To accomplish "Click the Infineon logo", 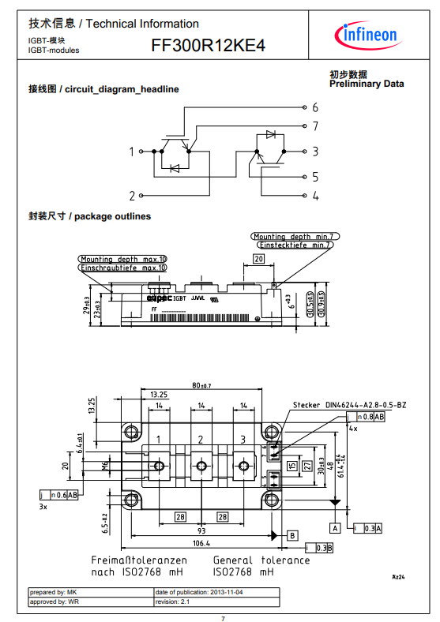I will [370, 35].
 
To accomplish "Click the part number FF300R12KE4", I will [208, 47].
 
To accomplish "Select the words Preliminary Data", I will [366, 84].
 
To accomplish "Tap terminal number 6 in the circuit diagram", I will [315, 107].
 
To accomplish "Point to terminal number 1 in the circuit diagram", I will [132, 151].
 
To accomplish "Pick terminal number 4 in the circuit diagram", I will [315, 196].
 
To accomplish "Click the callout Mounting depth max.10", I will [123, 259].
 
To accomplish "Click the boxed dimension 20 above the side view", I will [258, 258].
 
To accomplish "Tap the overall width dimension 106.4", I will [201, 543].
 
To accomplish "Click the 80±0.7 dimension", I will [201, 385].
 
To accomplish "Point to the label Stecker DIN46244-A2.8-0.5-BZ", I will [349, 405].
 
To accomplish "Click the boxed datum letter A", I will [335, 527].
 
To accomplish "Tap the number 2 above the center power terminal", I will [201, 440].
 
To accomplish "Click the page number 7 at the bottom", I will [222, 617].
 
